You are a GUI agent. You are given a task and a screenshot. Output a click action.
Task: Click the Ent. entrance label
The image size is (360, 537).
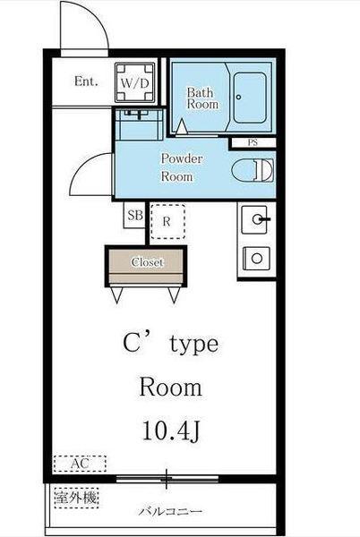(x=86, y=81)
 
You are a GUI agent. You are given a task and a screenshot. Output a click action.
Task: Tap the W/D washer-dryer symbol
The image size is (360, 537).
(x=134, y=82)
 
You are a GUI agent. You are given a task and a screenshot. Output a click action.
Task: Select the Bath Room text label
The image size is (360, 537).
(x=202, y=98)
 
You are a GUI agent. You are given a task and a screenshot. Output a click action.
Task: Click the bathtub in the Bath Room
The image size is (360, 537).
(x=250, y=98)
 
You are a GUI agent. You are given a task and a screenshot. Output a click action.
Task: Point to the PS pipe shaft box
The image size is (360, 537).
(x=253, y=143)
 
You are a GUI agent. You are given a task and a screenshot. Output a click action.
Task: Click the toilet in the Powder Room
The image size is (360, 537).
(x=253, y=170)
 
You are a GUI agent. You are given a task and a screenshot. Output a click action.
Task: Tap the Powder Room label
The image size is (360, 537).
(x=182, y=168)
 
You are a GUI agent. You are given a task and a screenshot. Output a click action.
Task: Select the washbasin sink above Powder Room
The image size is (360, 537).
(x=139, y=124)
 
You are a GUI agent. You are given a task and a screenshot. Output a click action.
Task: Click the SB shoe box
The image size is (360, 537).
(x=134, y=215)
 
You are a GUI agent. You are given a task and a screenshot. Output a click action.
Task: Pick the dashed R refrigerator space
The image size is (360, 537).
(x=167, y=222)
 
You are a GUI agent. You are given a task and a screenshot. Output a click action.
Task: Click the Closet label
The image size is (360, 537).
(x=147, y=262)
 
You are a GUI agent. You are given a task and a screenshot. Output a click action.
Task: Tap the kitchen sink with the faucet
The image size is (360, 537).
(x=255, y=219)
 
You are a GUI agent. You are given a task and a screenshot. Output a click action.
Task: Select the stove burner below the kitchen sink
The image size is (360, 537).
(x=256, y=259)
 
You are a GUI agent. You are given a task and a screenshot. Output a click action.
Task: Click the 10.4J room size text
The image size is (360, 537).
(x=170, y=430)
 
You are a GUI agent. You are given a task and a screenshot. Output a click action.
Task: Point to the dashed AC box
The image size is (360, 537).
(x=80, y=464)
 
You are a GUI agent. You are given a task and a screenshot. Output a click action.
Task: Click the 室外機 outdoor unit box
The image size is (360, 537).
(x=76, y=498)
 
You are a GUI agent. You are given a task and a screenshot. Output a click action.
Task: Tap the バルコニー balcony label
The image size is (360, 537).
(x=170, y=512)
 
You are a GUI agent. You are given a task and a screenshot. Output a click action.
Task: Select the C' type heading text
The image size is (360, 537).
(x=170, y=344)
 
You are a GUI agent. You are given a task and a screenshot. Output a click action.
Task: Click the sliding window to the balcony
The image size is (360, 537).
(x=167, y=479)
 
